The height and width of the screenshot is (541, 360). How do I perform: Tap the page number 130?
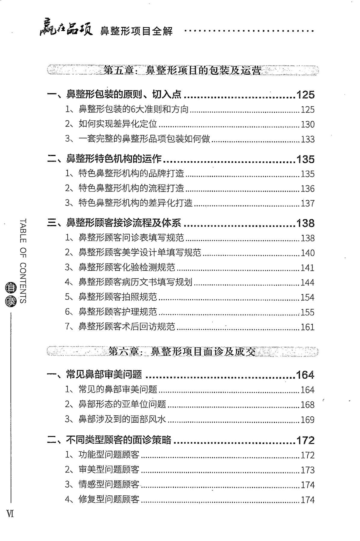point(308,124)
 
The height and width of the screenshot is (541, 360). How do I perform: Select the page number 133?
point(308,139)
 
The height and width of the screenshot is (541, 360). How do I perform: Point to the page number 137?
point(308,203)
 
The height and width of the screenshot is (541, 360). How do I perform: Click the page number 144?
point(308,283)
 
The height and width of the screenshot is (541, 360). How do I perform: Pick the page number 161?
point(308,327)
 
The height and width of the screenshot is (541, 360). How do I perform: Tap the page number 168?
point(308,405)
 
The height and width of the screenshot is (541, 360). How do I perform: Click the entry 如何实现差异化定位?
point(118,124)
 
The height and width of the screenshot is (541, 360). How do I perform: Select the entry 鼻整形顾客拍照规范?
point(118,297)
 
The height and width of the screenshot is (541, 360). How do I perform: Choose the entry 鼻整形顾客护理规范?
point(118,312)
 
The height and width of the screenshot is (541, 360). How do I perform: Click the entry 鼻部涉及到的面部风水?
point(122,419)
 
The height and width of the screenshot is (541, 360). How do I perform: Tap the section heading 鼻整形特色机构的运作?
point(114,159)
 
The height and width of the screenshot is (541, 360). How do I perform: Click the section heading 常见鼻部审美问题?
point(104,374)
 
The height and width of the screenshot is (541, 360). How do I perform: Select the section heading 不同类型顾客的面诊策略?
point(118,440)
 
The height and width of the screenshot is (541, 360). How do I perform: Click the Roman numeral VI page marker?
point(10,514)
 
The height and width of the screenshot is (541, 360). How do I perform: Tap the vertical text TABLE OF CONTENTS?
point(23,260)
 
